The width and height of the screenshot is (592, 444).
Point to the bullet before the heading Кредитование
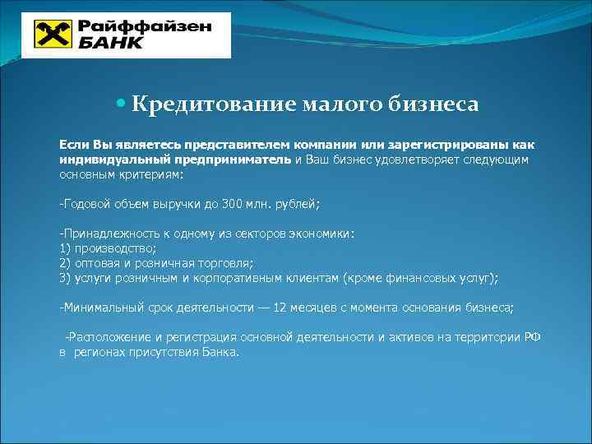click(x=122, y=104)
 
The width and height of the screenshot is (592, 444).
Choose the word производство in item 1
click(x=115, y=248)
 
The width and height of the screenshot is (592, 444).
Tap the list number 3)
click(x=66, y=278)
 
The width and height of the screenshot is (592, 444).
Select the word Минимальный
click(x=99, y=308)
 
